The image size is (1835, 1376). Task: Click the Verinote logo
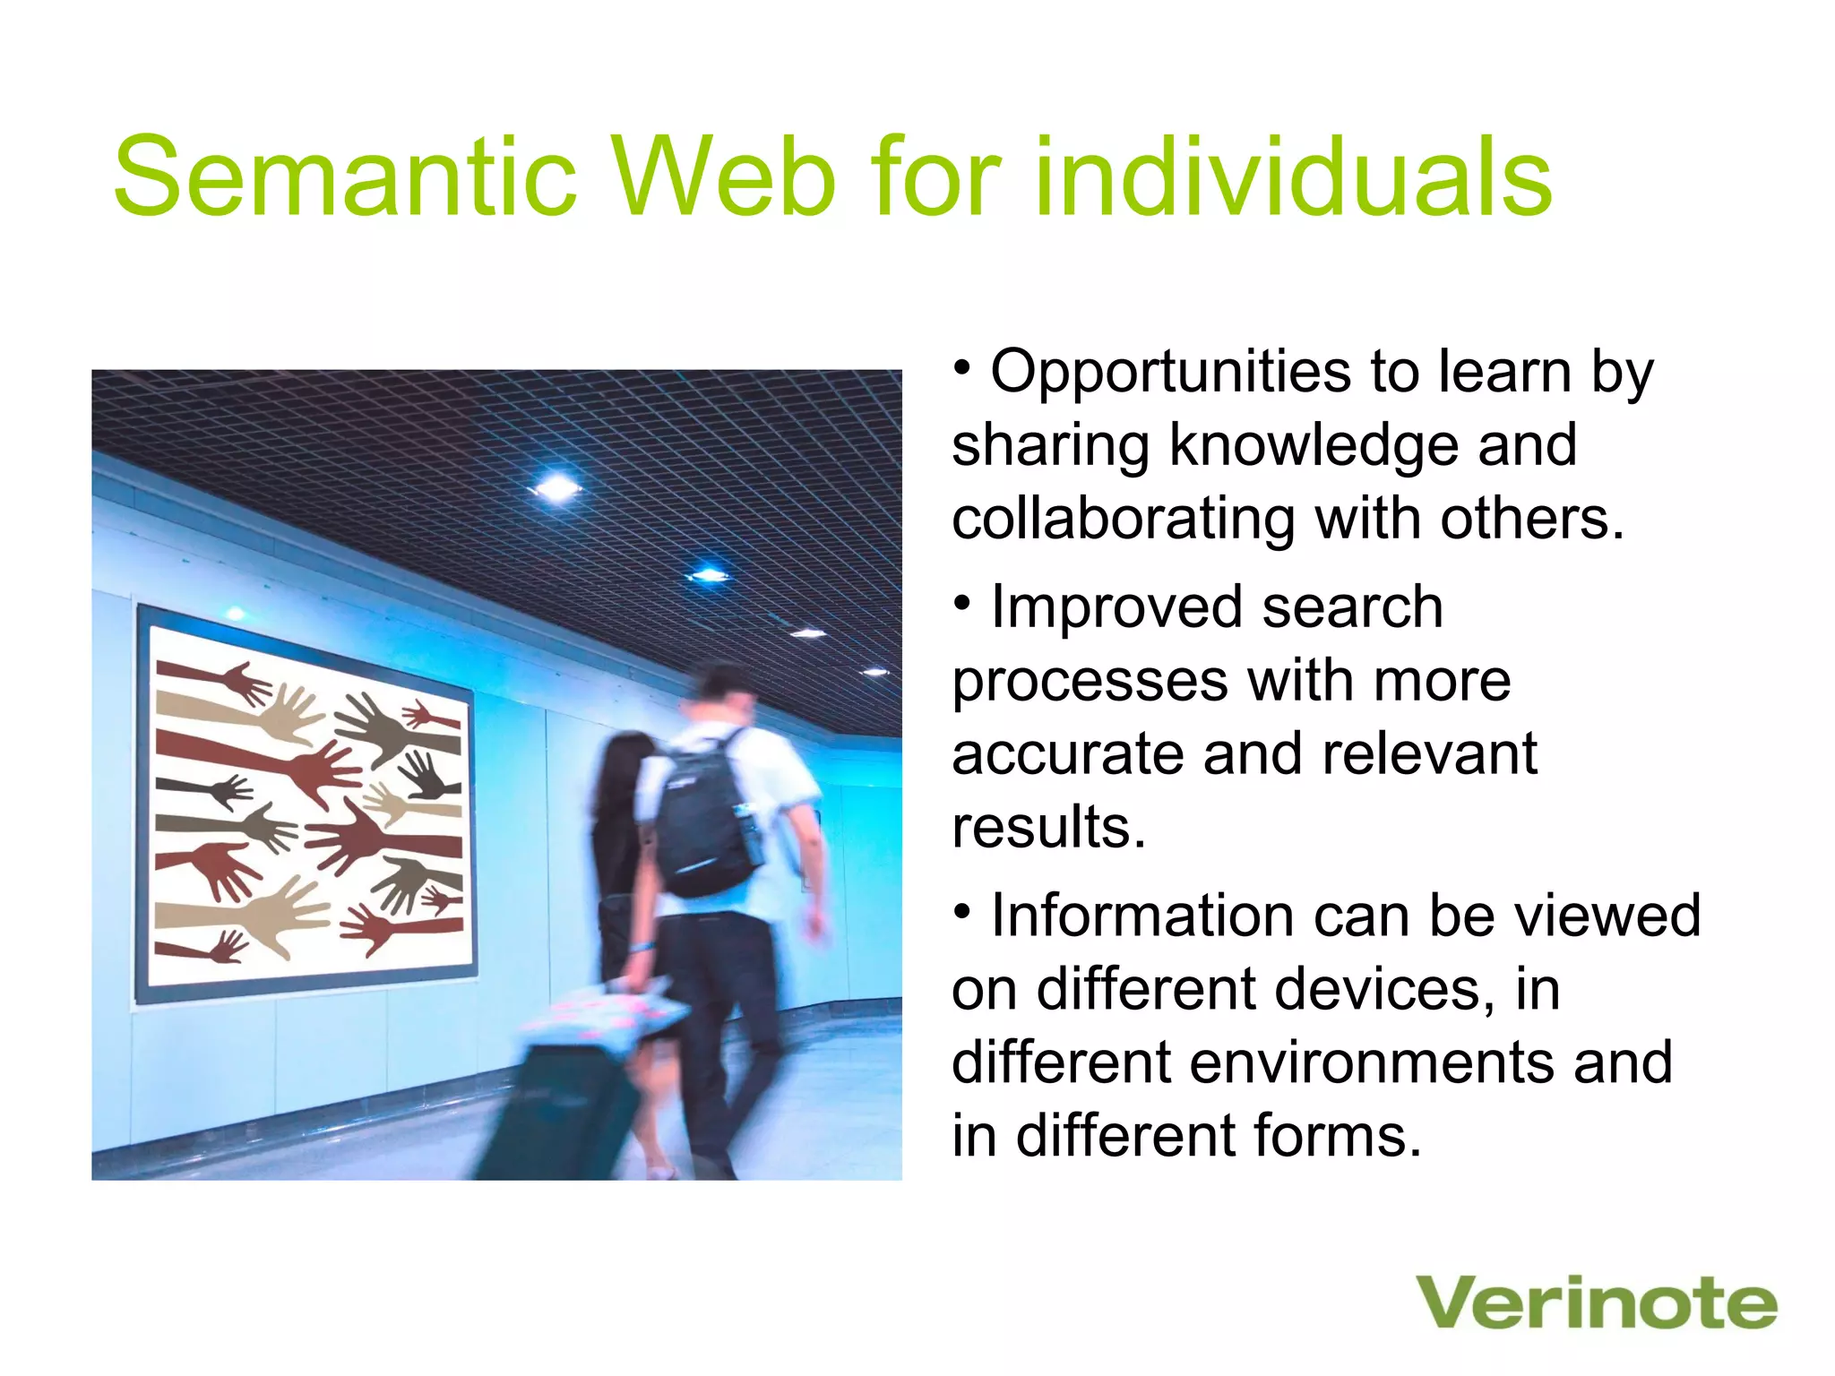click(x=1596, y=1303)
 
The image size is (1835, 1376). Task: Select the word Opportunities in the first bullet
click(x=1169, y=372)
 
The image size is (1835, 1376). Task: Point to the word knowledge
click(x=1314, y=445)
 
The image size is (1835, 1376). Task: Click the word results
click(x=1048, y=827)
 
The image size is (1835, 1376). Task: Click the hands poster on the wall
click(x=306, y=806)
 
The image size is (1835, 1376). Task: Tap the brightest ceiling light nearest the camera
click(x=557, y=488)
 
